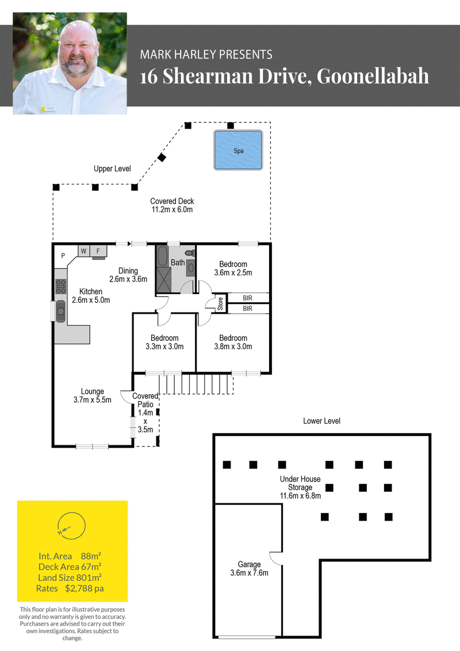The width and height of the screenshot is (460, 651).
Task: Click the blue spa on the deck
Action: [x=238, y=150]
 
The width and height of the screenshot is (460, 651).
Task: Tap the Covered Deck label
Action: [x=172, y=205]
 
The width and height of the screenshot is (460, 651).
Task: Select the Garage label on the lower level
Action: [x=250, y=568]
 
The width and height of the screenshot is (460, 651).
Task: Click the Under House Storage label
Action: [x=300, y=487]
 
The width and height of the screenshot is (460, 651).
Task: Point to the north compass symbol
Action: [x=71, y=526]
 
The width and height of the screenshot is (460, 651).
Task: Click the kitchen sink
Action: [x=61, y=311]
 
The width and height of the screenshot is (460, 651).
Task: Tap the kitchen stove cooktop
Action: [x=61, y=286]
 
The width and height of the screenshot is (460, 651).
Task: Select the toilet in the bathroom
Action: [x=190, y=253]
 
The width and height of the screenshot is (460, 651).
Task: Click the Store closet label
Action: [x=220, y=303]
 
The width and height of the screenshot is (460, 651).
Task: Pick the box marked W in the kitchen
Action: [x=84, y=251]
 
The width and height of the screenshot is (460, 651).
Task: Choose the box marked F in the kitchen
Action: [x=98, y=251]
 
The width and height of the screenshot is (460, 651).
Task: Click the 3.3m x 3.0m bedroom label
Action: [x=164, y=342]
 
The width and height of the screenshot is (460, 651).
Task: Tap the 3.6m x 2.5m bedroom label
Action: [x=233, y=268]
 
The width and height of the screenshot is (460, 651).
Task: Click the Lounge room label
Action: [x=92, y=396]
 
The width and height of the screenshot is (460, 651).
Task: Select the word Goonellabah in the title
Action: [x=373, y=76]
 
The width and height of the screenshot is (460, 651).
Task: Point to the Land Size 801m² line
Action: [x=70, y=577]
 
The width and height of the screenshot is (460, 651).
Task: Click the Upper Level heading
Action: [x=112, y=168]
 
